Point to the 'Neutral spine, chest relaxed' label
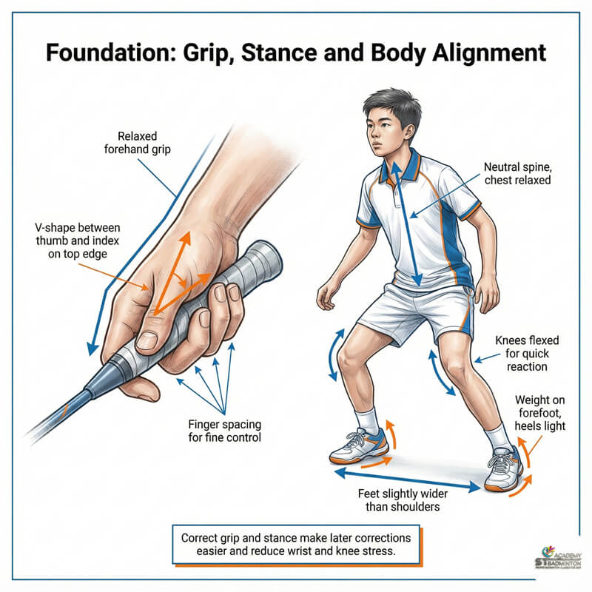click(517, 173)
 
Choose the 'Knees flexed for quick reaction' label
click(527, 353)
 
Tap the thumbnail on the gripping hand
click(147, 340)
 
